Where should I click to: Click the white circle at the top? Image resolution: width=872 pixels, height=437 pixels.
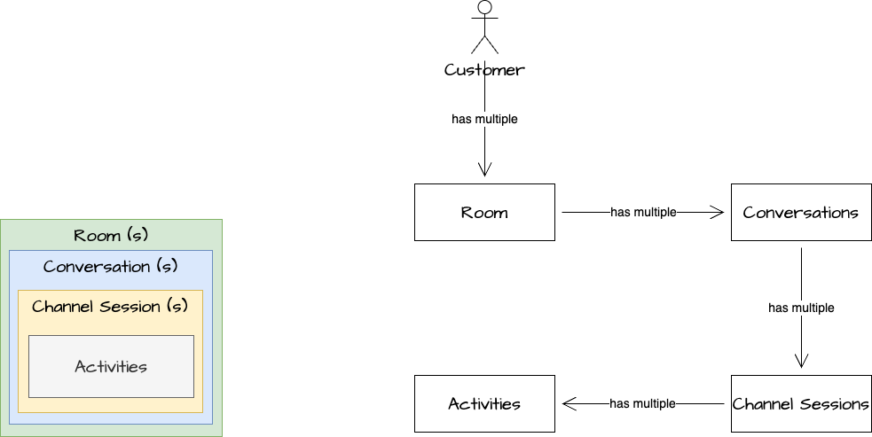coord(484,8)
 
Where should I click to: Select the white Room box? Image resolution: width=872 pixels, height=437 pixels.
coord(484,212)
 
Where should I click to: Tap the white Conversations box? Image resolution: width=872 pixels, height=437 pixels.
coord(800,212)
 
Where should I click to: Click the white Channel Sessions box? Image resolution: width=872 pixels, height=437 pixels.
coord(800,403)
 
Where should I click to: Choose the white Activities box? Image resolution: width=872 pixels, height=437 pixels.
coord(484,403)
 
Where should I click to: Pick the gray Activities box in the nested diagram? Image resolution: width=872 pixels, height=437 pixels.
coord(111,366)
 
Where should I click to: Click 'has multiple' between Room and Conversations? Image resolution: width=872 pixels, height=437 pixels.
coord(643,213)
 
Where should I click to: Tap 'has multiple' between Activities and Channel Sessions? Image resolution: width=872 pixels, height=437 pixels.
coord(642,404)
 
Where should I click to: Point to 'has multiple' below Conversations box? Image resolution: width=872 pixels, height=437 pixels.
coord(801,308)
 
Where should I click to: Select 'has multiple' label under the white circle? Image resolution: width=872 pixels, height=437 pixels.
coord(484,119)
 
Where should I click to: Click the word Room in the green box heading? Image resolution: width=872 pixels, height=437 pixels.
coord(98,236)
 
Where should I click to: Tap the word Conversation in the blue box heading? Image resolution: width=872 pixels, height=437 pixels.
coord(97,267)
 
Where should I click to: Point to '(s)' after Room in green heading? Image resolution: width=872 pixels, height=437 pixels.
coord(137,236)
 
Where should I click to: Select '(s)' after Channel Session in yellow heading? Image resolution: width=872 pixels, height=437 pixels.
coord(177,307)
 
